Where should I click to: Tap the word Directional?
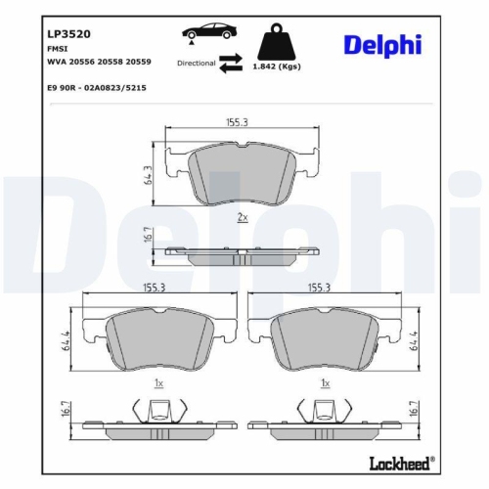coord(196,62)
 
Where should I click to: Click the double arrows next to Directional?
coord(231,63)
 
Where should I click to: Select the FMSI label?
coord(59,47)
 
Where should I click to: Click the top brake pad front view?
coord(243,174)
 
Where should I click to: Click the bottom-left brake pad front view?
coord(160,338)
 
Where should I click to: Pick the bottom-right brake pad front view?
coord(325,338)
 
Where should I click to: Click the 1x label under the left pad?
coord(160,383)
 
